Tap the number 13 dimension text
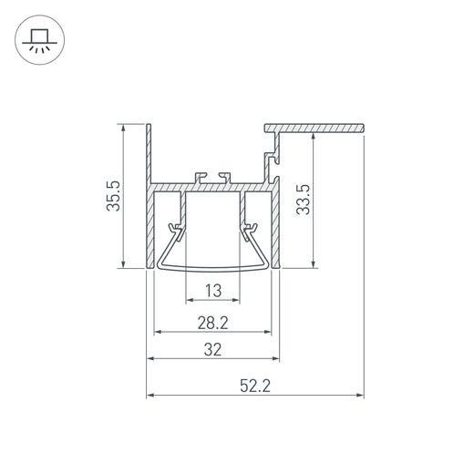point(213,292)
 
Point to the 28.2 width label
point(213,323)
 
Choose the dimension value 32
point(213,349)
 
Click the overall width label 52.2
point(254,386)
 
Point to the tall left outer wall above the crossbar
point(148,150)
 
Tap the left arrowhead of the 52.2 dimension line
point(150,396)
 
